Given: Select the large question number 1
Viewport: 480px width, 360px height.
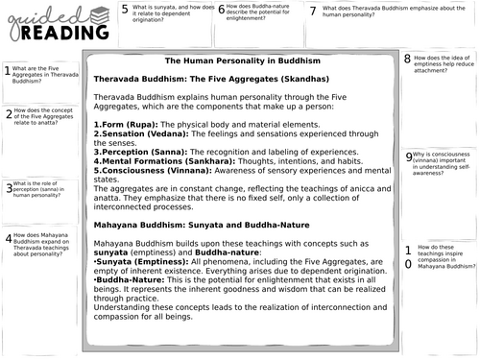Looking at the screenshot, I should (x=8, y=70).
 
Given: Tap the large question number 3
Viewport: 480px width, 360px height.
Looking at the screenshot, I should (x=8, y=188).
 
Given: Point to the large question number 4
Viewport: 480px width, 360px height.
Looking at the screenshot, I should (x=8, y=237).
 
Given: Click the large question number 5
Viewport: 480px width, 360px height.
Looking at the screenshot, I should (x=125, y=10).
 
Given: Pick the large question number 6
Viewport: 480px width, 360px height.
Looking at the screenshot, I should (x=221, y=10).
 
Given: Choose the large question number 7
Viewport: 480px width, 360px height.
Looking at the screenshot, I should (x=312, y=10).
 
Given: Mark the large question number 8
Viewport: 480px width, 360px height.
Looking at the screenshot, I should (x=408, y=59).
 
